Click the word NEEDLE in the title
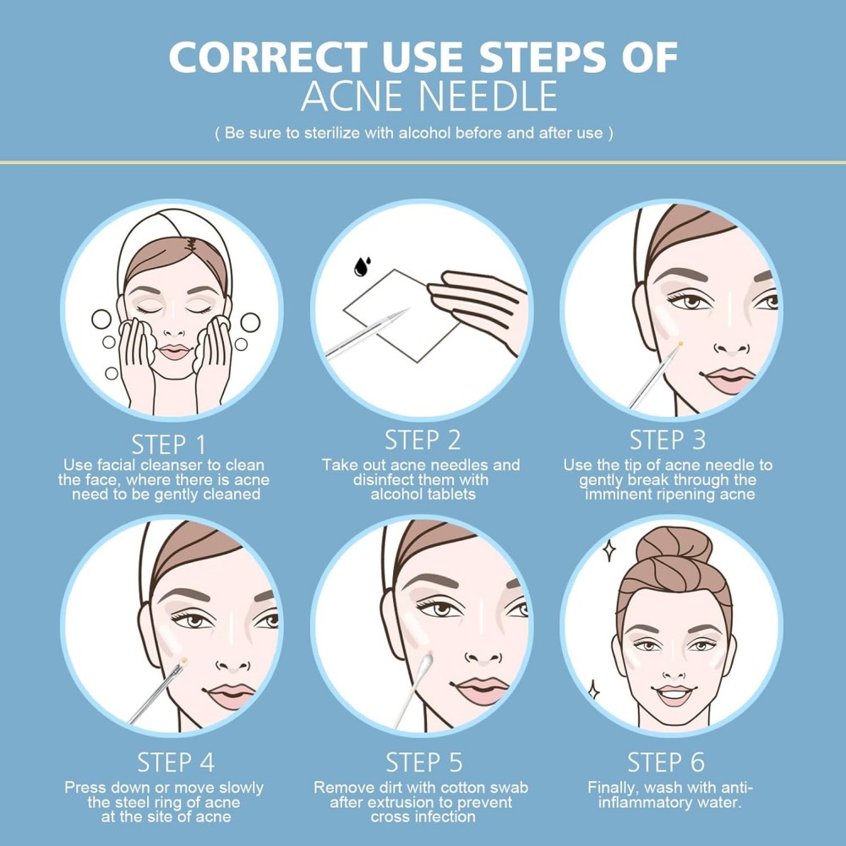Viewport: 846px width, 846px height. click(488, 96)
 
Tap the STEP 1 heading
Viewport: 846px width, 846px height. click(169, 445)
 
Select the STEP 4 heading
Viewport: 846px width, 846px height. click(176, 762)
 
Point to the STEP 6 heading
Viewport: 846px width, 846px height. click(666, 762)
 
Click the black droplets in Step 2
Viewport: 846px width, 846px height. click(362, 266)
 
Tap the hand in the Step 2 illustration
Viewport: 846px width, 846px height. click(478, 308)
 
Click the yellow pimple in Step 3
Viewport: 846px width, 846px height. click(680, 344)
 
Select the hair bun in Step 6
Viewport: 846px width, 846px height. click(674, 546)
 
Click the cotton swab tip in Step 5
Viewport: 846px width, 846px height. click(426, 662)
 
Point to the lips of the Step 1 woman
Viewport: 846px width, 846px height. click(174, 352)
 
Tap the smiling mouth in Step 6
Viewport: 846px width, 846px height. click(674, 695)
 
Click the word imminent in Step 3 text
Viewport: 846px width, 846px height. click(621, 494)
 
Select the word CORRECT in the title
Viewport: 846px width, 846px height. click(268, 57)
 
